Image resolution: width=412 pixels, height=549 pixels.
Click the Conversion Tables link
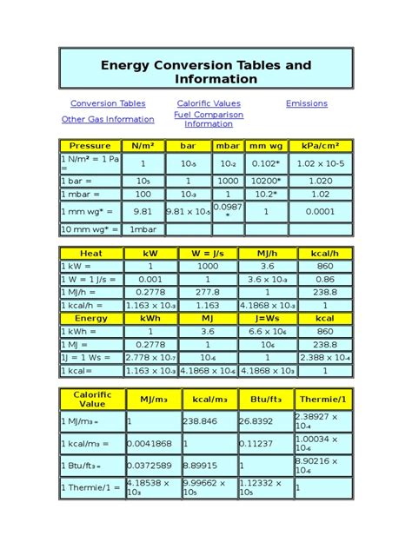pos(108,103)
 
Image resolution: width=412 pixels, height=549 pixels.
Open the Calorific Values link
pos(209,103)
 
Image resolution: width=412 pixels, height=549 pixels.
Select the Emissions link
pos(307,103)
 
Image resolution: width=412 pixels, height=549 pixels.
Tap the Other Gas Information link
pos(108,119)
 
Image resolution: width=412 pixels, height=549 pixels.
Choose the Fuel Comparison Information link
pos(209,119)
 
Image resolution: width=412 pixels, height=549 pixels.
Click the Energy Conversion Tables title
pos(206,72)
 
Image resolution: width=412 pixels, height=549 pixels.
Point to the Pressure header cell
pos(90,146)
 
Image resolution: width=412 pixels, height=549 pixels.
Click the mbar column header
pos(228,146)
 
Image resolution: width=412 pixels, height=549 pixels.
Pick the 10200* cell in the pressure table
pos(264,181)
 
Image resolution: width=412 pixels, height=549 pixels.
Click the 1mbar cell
pos(143,229)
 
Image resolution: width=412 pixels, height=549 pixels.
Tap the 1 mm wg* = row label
pos(90,211)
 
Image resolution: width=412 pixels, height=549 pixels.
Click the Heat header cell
pos(90,254)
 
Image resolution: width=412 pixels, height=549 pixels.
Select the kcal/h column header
pos(326,254)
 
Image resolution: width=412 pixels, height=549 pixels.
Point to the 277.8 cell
pos(208,293)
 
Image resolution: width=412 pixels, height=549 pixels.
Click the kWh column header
pos(150,319)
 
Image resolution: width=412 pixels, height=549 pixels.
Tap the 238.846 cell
pos(208,421)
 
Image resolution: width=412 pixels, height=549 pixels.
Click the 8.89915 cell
pos(208,466)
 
